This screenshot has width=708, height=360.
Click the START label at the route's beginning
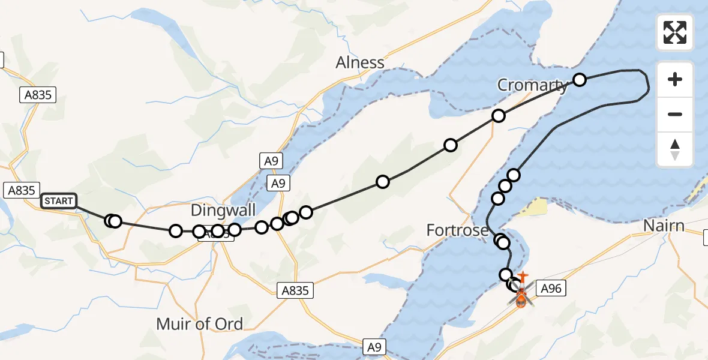[x=59, y=201]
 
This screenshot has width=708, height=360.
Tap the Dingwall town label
[x=223, y=211]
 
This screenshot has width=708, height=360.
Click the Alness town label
[x=360, y=62]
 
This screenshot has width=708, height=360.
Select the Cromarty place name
[x=532, y=85]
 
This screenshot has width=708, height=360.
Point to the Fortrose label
[x=457, y=230]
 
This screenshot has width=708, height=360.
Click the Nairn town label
[x=664, y=226]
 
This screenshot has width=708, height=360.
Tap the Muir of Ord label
[x=199, y=325]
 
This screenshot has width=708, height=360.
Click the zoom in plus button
[x=675, y=79]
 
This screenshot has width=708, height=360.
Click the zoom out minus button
[x=675, y=114]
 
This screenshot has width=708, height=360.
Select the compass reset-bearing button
[x=675, y=149]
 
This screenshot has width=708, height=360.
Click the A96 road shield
[x=551, y=289]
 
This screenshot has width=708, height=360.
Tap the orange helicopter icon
[x=521, y=297]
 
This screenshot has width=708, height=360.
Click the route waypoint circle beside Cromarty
[x=580, y=79]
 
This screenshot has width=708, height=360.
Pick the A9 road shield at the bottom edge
[x=374, y=346]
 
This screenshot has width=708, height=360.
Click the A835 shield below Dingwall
[x=296, y=291]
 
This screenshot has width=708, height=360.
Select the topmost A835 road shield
[x=38, y=94]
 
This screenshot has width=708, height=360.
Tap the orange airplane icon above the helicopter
[x=523, y=277]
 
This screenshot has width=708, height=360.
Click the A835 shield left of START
[x=20, y=190]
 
